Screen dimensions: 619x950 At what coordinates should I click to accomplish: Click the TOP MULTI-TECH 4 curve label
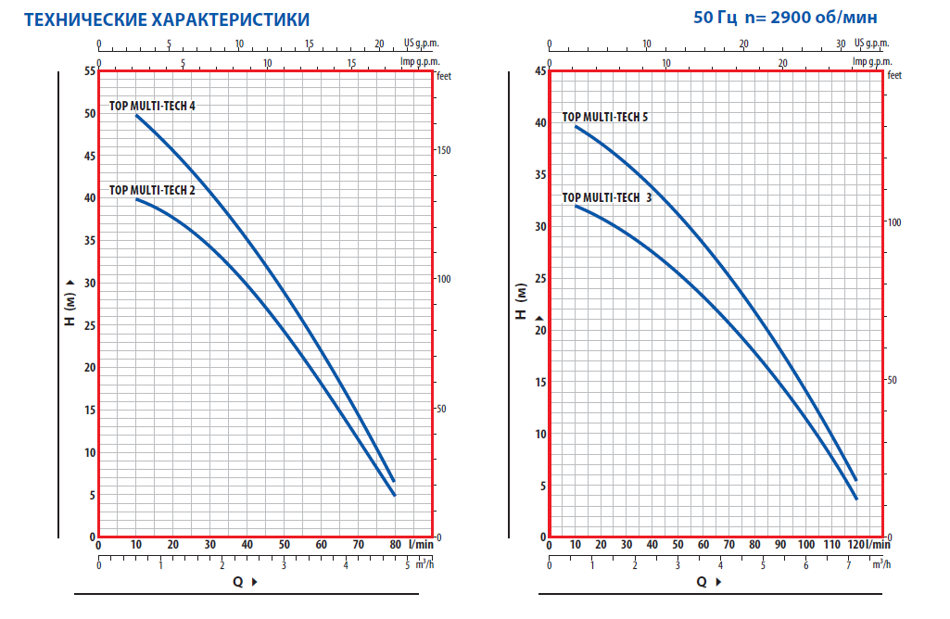(x=152, y=106)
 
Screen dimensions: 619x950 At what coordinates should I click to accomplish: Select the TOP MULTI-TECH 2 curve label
(x=152, y=190)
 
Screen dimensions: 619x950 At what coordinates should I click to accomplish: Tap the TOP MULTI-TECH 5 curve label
(x=605, y=117)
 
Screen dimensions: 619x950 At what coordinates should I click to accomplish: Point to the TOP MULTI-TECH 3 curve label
(x=606, y=197)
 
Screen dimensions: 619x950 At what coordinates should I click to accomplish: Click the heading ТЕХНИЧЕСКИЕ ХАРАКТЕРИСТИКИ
(x=167, y=19)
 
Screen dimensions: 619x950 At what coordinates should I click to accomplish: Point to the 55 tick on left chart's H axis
(x=89, y=71)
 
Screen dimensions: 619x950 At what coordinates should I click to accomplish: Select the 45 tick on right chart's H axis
(x=540, y=71)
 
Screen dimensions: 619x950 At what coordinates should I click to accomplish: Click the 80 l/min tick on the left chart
(x=395, y=545)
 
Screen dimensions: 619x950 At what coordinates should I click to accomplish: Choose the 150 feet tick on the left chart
(x=444, y=150)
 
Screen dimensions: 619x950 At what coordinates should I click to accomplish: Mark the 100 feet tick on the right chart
(x=895, y=222)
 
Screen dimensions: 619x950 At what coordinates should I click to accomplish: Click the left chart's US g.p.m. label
(x=421, y=44)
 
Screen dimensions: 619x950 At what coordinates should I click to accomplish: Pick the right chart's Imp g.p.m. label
(x=871, y=61)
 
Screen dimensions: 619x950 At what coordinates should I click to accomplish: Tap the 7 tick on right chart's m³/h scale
(x=849, y=565)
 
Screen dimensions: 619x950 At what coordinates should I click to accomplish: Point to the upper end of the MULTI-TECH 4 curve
(x=137, y=115)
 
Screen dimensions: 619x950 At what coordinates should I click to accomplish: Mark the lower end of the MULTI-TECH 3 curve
(x=856, y=499)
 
